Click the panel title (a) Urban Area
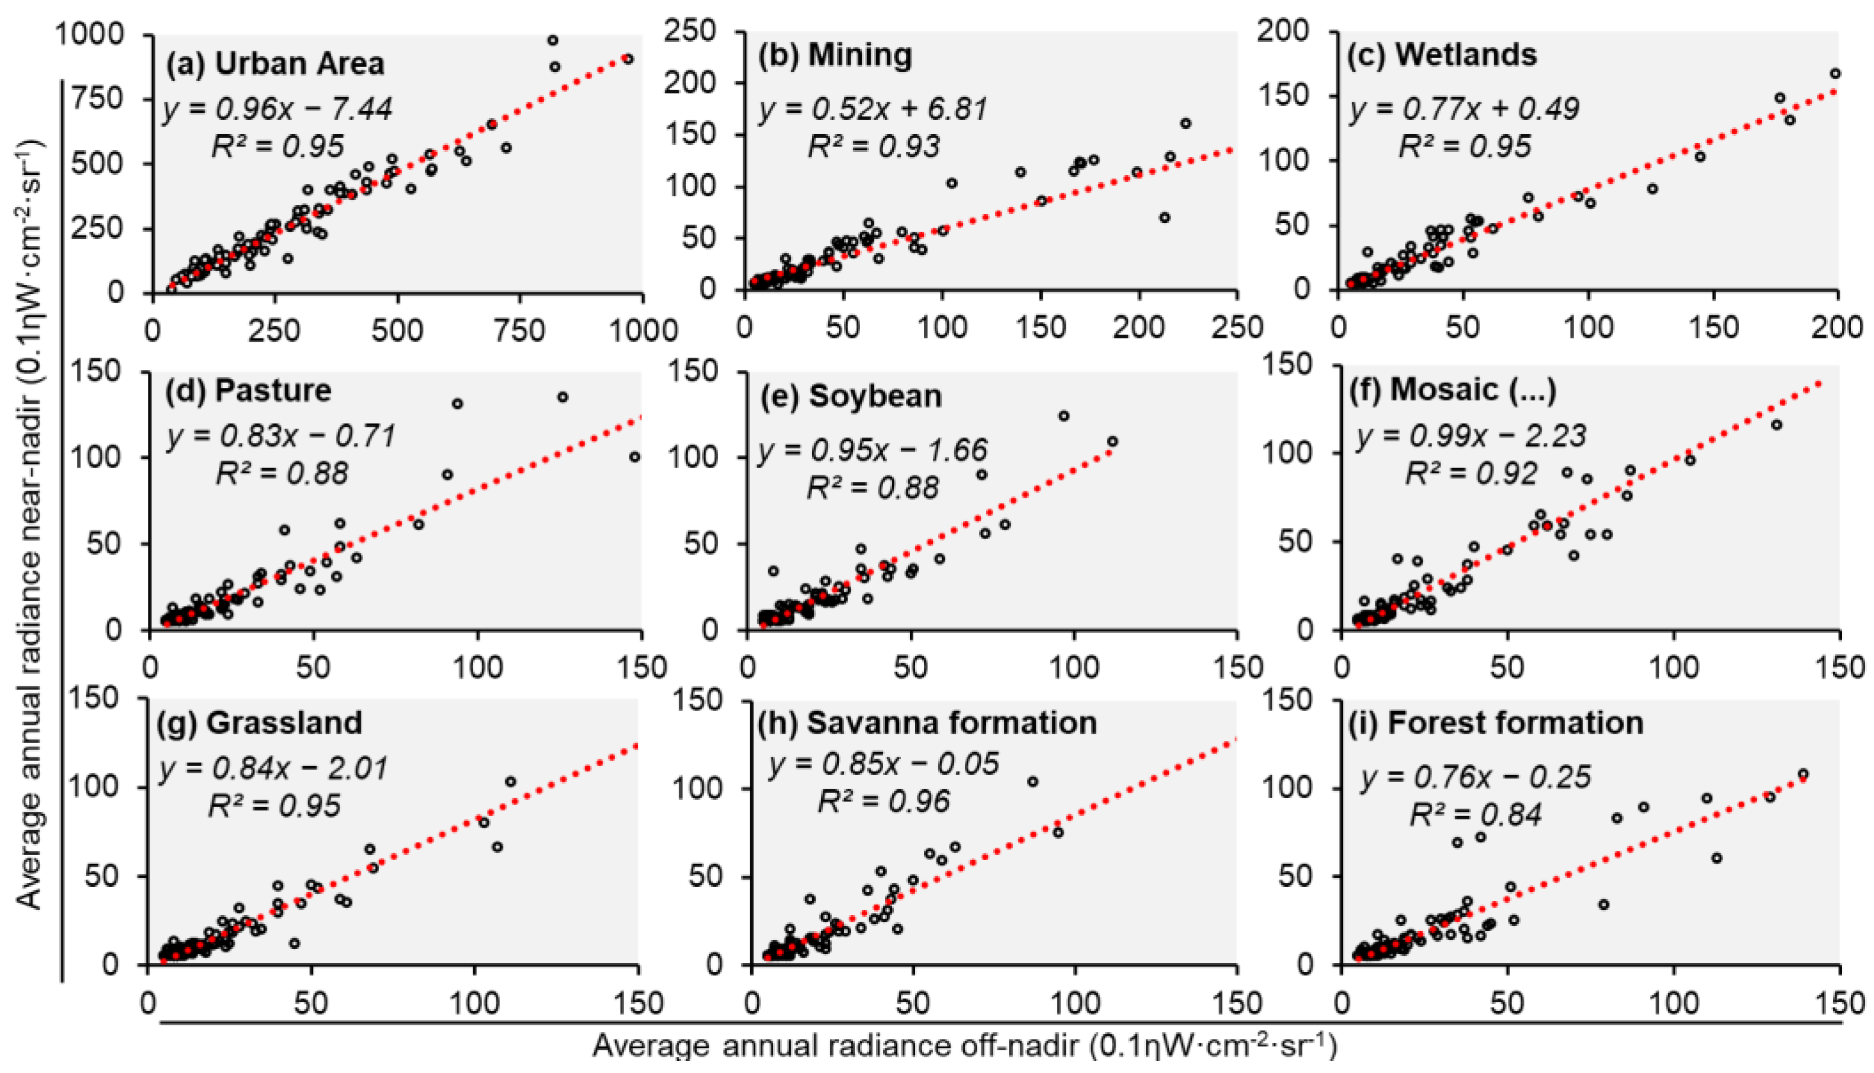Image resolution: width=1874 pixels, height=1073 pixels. [274, 64]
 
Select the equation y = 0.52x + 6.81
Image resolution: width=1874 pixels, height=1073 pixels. [873, 110]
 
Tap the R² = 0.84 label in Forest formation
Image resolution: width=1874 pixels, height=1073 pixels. [1475, 815]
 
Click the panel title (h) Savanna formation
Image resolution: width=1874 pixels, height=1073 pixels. [928, 723]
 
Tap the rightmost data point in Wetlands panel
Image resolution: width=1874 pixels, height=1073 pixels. [1836, 74]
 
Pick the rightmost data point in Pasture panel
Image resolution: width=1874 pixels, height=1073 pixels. [635, 458]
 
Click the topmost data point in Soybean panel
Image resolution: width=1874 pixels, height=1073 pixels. [1064, 416]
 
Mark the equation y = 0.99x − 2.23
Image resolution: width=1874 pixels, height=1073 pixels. [1471, 436]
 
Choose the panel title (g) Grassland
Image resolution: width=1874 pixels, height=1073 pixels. [260, 723]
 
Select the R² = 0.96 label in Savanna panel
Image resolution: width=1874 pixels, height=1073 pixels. [884, 801]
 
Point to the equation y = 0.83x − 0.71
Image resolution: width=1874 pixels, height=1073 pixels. [281, 436]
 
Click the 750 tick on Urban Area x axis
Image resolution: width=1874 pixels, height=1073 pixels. [521, 332]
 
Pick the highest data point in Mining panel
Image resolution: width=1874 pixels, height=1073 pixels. [1185, 124]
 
